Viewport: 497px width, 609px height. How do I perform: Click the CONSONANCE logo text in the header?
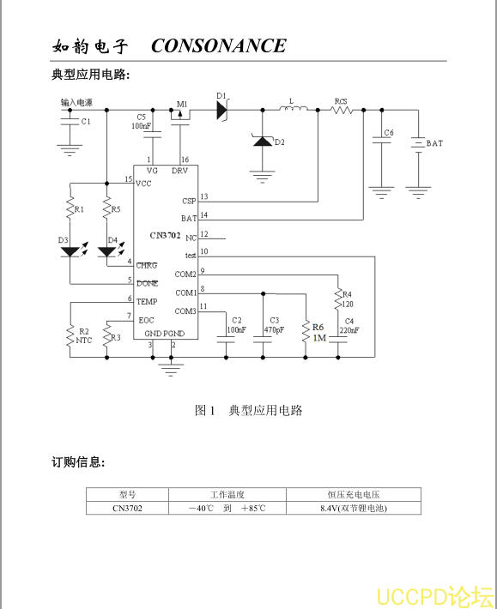coord(219,45)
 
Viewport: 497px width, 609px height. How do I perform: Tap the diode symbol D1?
coord(222,110)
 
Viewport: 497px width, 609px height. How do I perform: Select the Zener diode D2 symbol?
coord(263,141)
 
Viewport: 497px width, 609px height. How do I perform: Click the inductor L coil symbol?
coord(294,108)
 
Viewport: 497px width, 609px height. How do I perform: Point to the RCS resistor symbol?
coord(342,111)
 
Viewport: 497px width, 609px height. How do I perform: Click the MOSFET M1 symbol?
coord(180,117)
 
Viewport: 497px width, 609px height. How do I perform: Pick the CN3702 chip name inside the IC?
coord(165,235)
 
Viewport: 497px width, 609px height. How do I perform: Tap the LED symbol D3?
coord(70,252)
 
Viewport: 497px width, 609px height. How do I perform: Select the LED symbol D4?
coord(106,252)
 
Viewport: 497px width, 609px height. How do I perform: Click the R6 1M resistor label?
coord(318,333)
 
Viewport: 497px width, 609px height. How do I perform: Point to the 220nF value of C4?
coord(349,330)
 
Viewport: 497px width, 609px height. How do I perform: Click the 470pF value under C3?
coord(274,330)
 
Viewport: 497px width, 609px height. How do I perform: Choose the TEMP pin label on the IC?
coord(147,301)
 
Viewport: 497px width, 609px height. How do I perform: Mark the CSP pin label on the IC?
coord(189,202)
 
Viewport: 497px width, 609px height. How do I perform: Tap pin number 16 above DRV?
coord(185,160)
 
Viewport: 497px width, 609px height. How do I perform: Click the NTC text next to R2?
coord(84,341)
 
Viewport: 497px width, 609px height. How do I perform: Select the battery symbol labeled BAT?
coord(419,145)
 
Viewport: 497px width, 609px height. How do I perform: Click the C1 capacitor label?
coord(86,122)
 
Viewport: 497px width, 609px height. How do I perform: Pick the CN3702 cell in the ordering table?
coord(127,508)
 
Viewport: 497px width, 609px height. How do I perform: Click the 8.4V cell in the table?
coord(354,508)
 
